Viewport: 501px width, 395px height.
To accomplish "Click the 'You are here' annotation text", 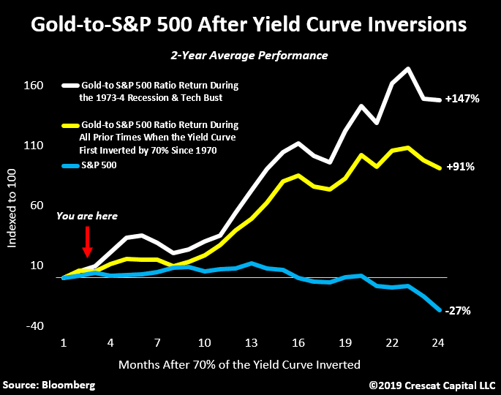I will [x=86, y=216].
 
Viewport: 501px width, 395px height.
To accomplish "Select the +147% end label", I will [x=462, y=99].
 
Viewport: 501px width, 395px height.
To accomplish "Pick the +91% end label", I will [x=460, y=167].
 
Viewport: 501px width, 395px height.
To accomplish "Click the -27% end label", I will [x=458, y=311].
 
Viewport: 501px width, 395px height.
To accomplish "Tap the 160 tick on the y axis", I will [x=35, y=86].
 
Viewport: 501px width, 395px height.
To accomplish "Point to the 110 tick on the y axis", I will [x=35, y=146].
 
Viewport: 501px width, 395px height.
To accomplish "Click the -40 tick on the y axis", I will [x=35, y=326].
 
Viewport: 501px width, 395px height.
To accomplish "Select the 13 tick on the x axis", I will [x=251, y=342].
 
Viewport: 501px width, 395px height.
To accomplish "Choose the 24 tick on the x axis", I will [x=438, y=342].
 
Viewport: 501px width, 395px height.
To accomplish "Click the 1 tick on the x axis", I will [x=64, y=342].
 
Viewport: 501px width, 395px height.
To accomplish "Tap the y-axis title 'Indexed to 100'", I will [x=12, y=206].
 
